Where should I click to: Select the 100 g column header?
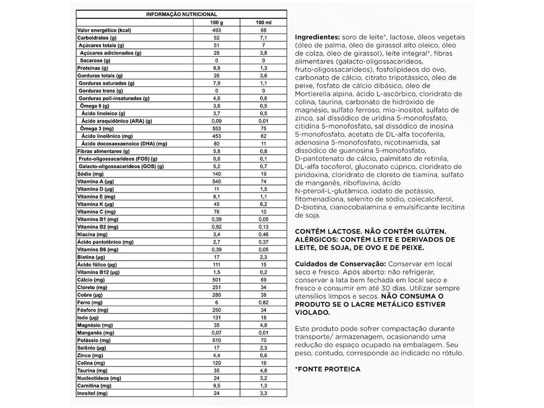coord(217,22)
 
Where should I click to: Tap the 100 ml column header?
coord(263,22)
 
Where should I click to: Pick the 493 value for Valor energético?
coord(217,30)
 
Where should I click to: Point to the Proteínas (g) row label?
coord(94,68)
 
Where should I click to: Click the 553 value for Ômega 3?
coord(217,128)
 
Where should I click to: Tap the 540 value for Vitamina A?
coord(217,181)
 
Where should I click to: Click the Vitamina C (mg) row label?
coord(96,211)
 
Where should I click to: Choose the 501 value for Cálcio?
coord(217,279)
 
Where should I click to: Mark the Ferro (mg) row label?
coord(90,302)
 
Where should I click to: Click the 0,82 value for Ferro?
coord(263,302)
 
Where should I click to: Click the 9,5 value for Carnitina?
coord(217,385)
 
